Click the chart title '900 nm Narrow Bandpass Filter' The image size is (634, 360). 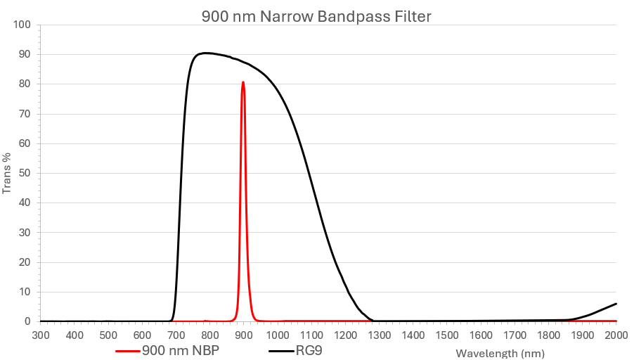tap(316, 16)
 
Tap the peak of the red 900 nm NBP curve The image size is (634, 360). tap(243, 82)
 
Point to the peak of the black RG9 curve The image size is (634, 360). tap(204, 53)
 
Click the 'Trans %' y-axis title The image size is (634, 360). tap(7, 173)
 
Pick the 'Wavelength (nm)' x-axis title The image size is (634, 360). tap(500, 352)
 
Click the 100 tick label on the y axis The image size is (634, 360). tap(22, 25)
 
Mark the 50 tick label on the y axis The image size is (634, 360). tap(25, 173)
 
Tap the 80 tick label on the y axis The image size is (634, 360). tap(25, 84)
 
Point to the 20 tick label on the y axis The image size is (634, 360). tap(25, 262)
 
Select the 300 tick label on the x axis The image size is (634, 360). tap(41, 335)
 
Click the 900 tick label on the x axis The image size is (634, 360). tap(244, 335)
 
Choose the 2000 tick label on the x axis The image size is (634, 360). tap(616, 335)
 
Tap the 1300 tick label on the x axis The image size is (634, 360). tap(379, 335)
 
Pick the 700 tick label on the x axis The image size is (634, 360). tap(176, 335)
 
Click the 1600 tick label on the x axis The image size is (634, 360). tap(481, 335)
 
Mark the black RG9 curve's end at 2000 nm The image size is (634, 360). tap(616, 304)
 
